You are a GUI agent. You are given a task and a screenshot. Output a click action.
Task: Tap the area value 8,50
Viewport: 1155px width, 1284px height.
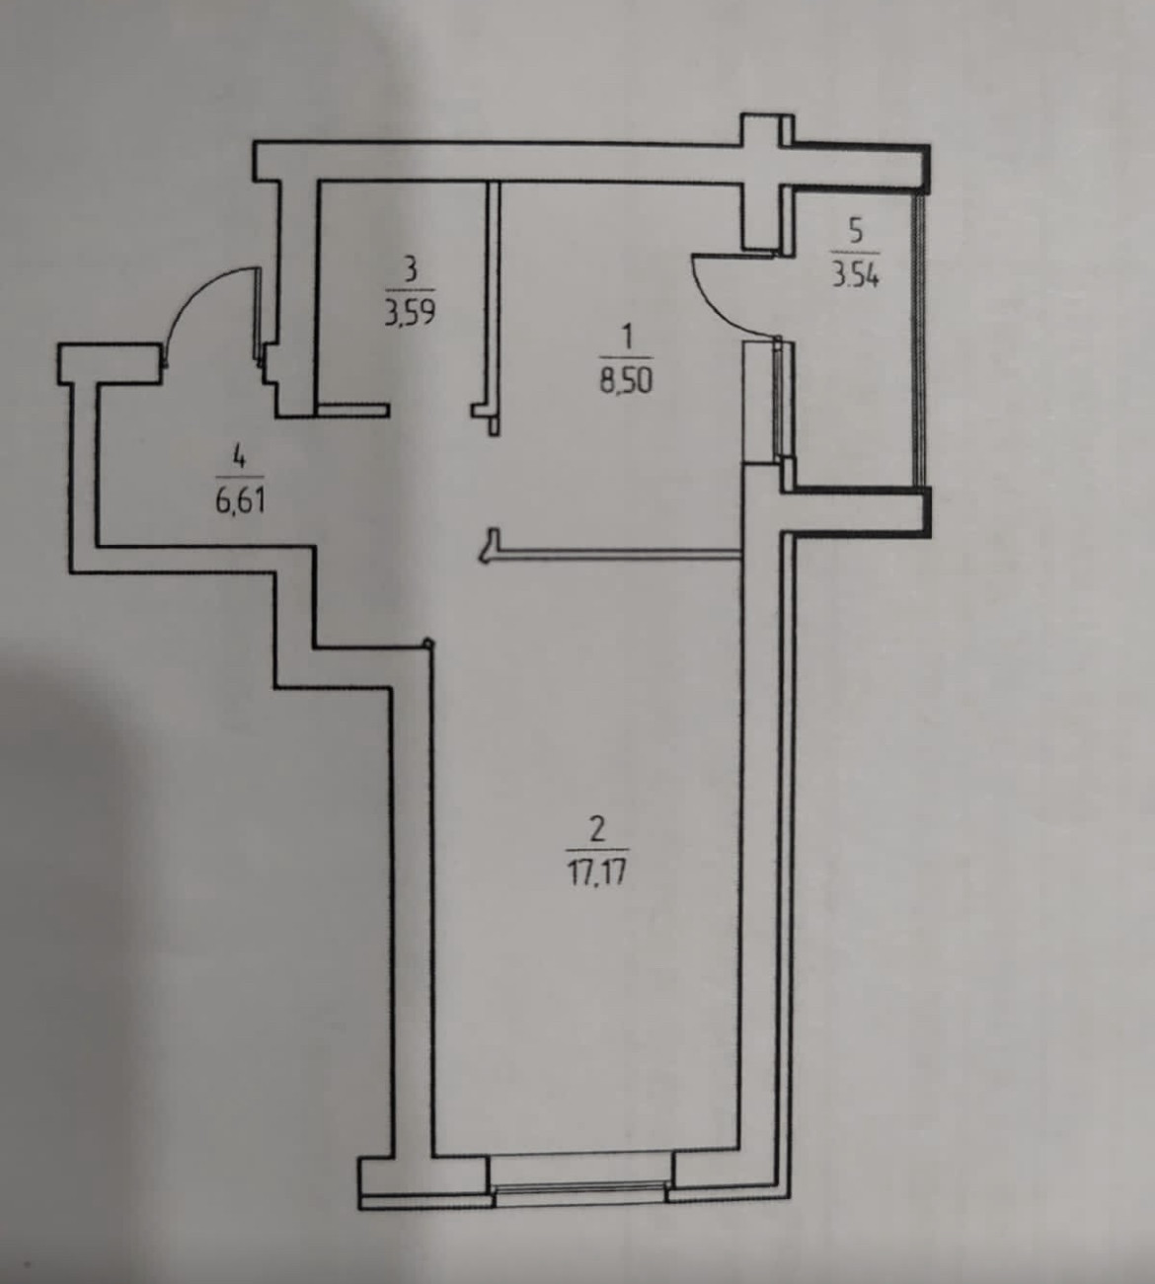click(x=625, y=380)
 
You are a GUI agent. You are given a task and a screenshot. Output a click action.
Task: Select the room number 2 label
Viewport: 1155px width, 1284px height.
click(x=596, y=829)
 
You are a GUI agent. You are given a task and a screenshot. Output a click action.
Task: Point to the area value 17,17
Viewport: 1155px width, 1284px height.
click(x=596, y=871)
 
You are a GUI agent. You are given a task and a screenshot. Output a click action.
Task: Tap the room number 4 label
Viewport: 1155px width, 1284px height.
click(x=237, y=456)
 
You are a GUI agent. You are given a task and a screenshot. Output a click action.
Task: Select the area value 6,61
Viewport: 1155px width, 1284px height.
click(x=237, y=499)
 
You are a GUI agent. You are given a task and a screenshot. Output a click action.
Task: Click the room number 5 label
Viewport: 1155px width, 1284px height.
click(x=855, y=230)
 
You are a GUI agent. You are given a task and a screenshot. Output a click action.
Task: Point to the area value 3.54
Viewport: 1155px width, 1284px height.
click(x=855, y=273)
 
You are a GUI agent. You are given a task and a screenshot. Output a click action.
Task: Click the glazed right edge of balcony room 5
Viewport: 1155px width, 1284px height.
click(x=921, y=340)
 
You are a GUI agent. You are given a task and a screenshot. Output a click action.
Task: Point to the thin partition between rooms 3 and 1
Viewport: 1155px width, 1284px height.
click(x=497, y=296)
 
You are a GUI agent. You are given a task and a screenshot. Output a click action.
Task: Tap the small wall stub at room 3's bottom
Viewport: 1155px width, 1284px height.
click(x=351, y=407)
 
